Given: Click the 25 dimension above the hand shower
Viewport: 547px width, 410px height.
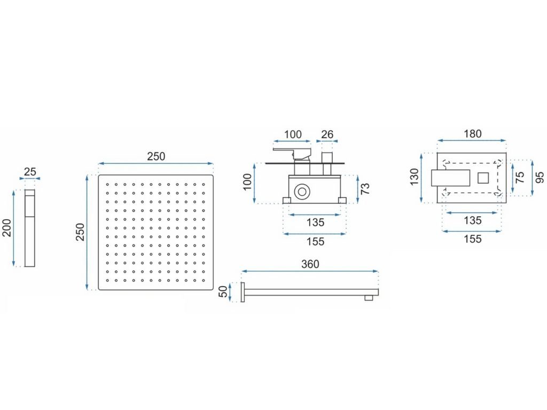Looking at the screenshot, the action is [30, 171].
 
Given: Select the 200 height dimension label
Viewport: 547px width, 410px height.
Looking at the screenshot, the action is [7, 228].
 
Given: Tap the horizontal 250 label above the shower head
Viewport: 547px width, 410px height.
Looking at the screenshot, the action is [156, 156].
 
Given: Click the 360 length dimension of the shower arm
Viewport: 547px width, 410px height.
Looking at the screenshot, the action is [310, 264].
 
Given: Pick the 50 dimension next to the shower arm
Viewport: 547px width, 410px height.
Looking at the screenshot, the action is [223, 292].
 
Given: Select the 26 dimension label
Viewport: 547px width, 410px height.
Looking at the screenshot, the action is [327, 135].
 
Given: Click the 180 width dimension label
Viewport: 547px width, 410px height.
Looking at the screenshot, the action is [472, 134].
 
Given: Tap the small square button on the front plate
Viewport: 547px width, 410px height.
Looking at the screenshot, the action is [484, 177].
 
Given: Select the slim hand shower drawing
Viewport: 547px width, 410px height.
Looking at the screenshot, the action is [29, 228].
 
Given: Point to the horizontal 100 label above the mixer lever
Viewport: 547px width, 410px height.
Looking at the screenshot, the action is [292, 135].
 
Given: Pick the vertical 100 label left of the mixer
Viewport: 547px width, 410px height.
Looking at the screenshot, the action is [247, 182].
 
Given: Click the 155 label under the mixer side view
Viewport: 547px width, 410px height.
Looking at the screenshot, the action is [315, 241].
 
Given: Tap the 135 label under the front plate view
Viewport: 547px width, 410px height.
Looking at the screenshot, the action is [472, 220].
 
